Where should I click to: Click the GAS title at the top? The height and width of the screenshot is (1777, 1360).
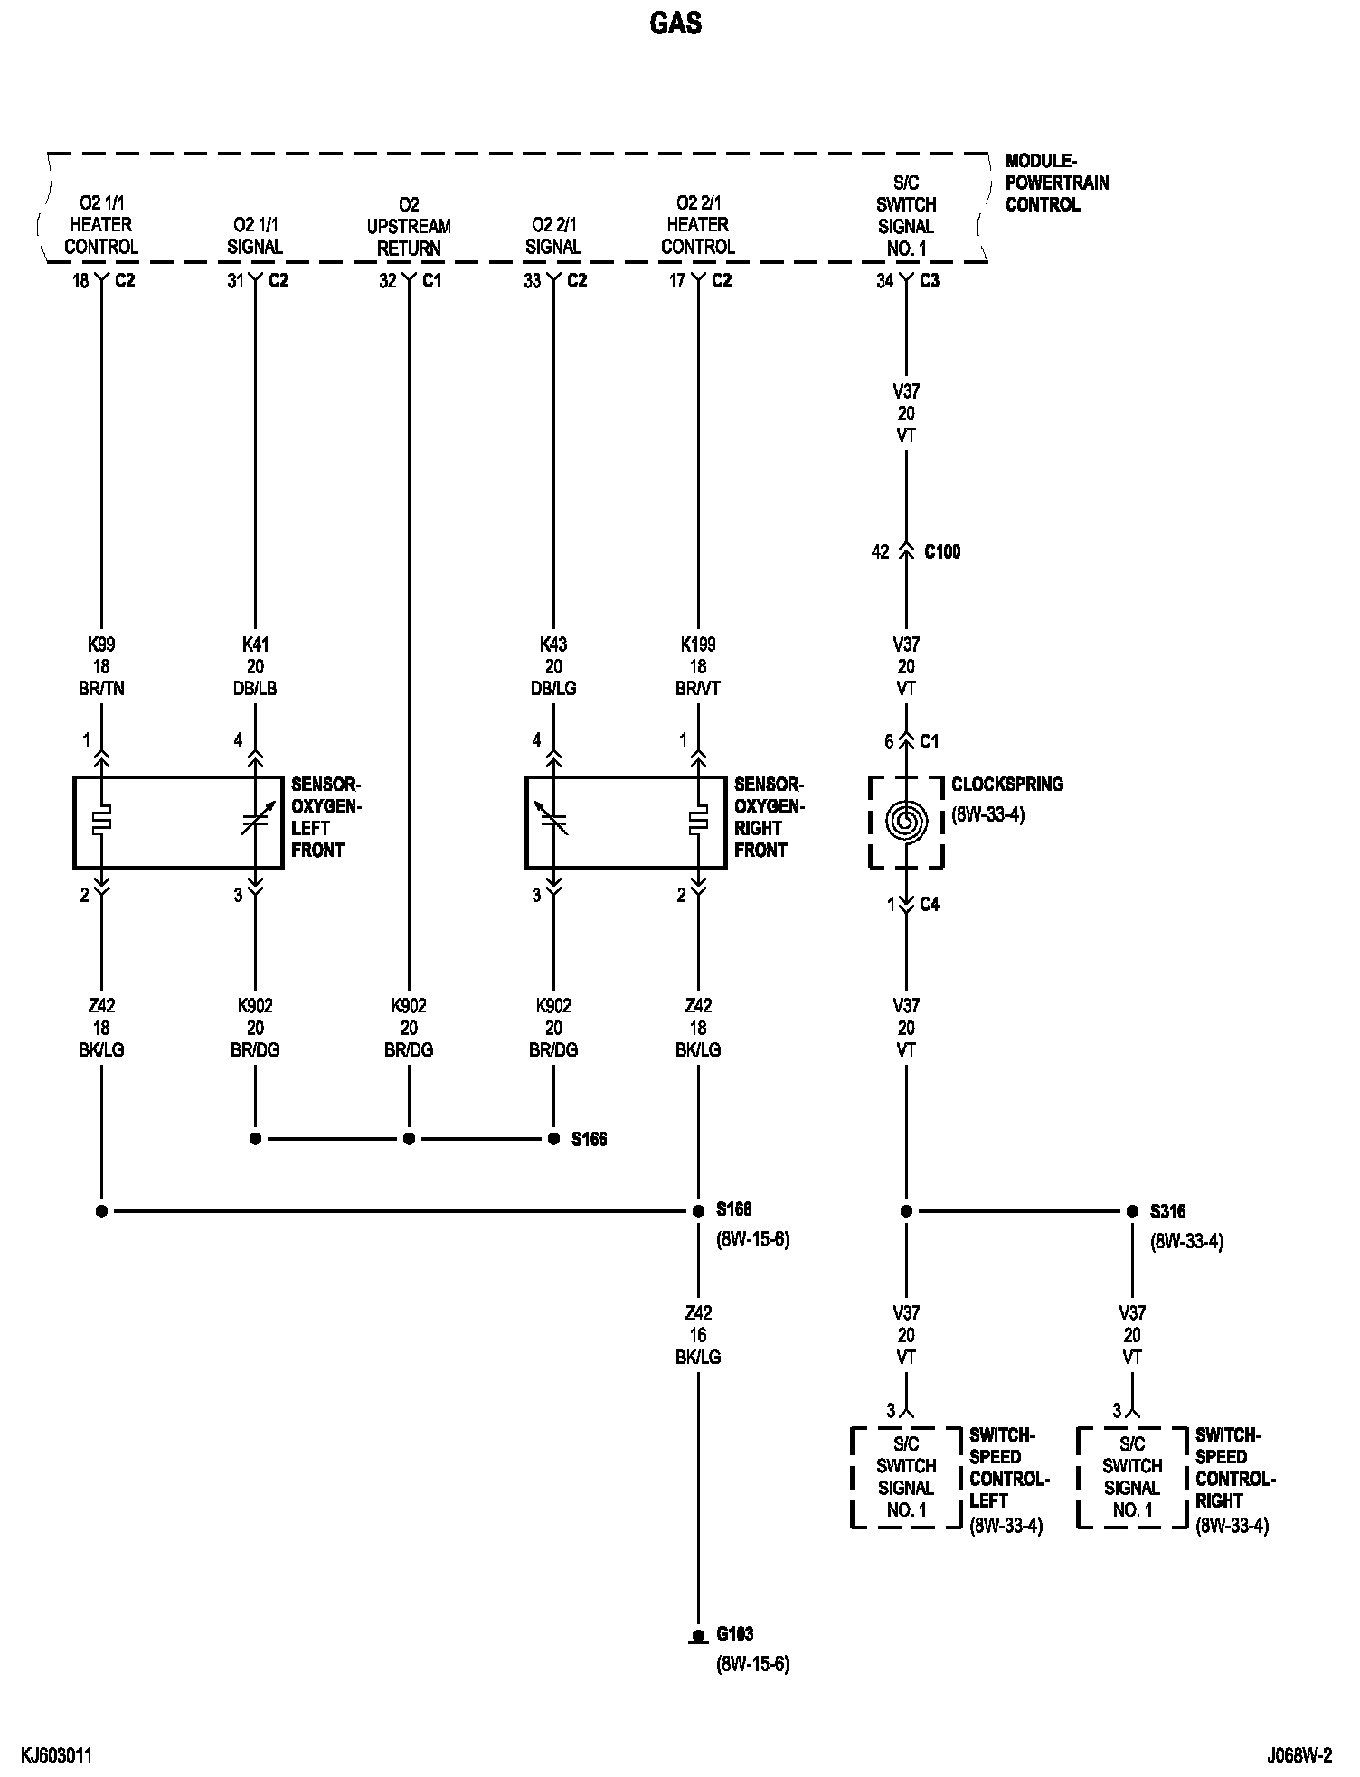click(x=675, y=24)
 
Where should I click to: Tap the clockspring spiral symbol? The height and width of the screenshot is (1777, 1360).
click(x=906, y=821)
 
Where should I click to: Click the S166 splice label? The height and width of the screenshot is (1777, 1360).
click(x=589, y=1140)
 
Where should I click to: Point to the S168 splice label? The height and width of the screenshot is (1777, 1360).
click(x=733, y=1209)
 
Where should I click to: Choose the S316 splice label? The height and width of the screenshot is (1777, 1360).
click(x=1167, y=1211)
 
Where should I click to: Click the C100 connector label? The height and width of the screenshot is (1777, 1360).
click(x=941, y=551)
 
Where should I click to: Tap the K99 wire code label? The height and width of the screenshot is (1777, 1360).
click(x=101, y=645)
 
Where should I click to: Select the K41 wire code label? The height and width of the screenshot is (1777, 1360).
click(x=255, y=645)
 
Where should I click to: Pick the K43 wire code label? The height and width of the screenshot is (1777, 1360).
click(x=553, y=645)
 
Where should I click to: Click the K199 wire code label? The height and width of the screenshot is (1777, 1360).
click(x=698, y=645)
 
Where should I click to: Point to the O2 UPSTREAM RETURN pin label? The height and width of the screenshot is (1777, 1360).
click(x=409, y=226)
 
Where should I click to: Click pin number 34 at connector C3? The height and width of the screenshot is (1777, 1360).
click(x=884, y=281)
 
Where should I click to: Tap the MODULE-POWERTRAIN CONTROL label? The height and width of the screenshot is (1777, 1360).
click(x=1056, y=183)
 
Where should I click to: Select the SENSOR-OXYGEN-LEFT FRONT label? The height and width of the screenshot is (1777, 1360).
click(x=326, y=817)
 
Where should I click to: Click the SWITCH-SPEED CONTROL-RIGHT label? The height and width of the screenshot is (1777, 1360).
click(x=1234, y=1480)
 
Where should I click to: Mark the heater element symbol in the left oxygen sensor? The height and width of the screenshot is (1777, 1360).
click(x=101, y=821)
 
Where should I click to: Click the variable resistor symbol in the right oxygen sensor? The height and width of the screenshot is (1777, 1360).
click(x=553, y=821)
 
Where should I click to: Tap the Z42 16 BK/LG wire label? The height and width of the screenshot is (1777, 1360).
click(x=698, y=1335)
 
